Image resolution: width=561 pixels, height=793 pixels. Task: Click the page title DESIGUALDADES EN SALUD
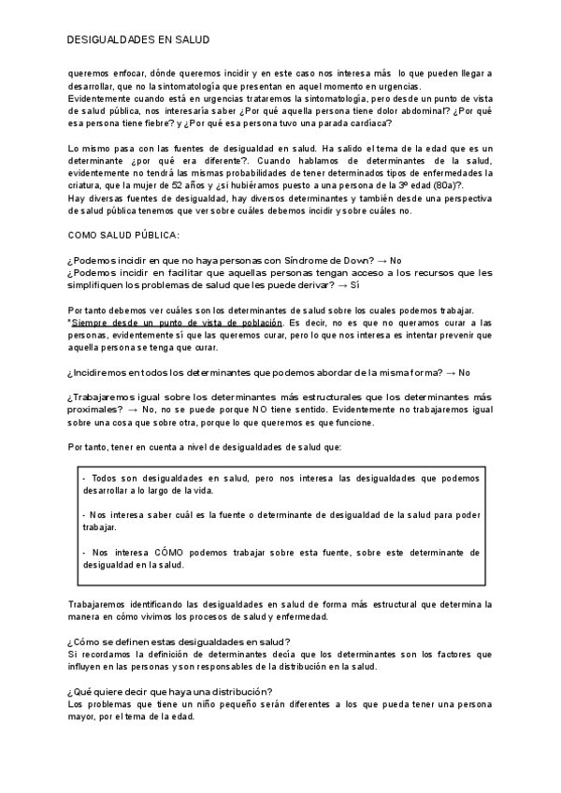(x=138, y=40)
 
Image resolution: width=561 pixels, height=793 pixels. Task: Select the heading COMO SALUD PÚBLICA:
(x=123, y=235)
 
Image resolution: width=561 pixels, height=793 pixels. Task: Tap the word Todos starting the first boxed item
(x=109, y=478)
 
